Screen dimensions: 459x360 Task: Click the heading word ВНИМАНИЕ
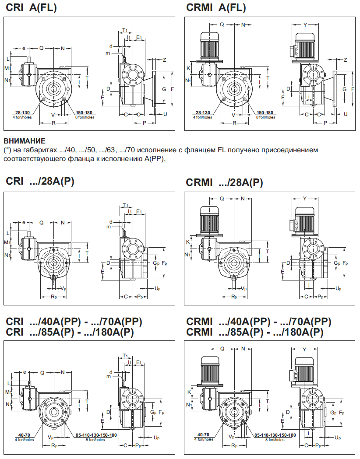pyautogui.click(x=24, y=141)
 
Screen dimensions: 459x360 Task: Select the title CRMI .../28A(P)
pyautogui.click(x=224, y=182)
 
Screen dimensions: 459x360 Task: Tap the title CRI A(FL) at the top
pyautogui.click(x=31, y=8)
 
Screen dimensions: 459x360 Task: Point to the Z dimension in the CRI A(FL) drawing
pyautogui.click(x=165, y=60)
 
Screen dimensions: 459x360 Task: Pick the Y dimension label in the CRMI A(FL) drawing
pyautogui.click(x=305, y=25)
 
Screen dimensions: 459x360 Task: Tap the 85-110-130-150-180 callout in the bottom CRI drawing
pyautogui.click(x=96, y=435)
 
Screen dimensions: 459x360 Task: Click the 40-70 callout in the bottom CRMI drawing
pyautogui.click(x=202, y=434)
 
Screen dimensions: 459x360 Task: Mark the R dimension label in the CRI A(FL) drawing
pyautogui.click(x=53, y=123)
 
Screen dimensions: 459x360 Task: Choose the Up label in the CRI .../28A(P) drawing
pyautogui.click(x=158, y=289)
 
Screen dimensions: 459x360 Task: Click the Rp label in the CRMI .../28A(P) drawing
pyautogui.click(x=234, y=297)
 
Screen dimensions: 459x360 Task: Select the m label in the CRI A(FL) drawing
pyautogui.click(x=108, y=53)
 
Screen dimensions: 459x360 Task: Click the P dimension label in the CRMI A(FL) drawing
pyautogui.click(x=325, y=123)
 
